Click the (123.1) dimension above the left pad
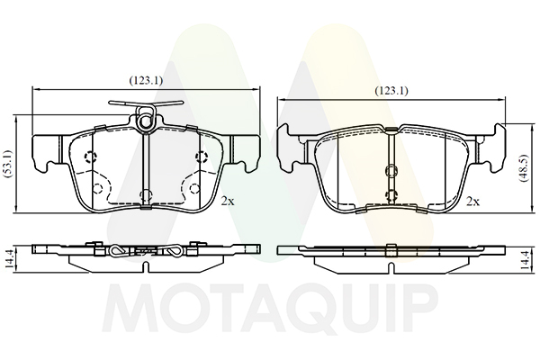pyautogui.click(x=146, y=81)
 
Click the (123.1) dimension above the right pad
pyautogui.click(x=391, y=91)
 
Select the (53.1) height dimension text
pyautogui.click(x=8, y=164)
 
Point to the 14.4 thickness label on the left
pyautogui.click(x=9, y=259)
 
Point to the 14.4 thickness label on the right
pyautogui.click(x=525, y=259)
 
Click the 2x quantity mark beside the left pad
pyautogui.click(x=228, y=202)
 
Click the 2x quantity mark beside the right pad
pyautogui.click(x=472, y=202)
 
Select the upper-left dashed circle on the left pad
pyautogui.click(x=91, y=157)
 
